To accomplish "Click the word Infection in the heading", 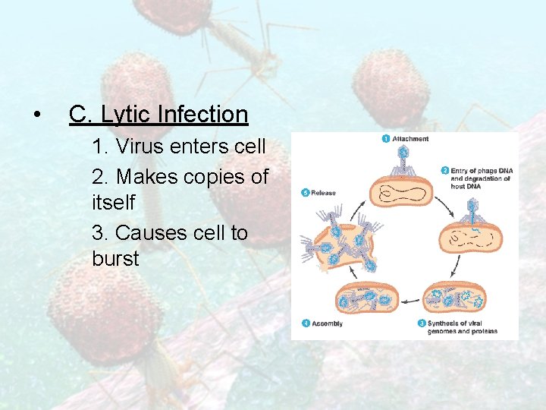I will coord(202,115).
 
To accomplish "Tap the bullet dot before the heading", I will coord(36,116).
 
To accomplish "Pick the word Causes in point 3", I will coord(148,232).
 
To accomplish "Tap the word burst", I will coord(115,259).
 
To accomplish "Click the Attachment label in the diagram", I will coord(410,139).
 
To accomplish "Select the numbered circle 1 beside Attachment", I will coord(386,139).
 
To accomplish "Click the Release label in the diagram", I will coord(324,193).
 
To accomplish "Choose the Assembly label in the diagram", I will coord(328,323).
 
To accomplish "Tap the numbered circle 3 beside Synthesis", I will coord(421,323).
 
